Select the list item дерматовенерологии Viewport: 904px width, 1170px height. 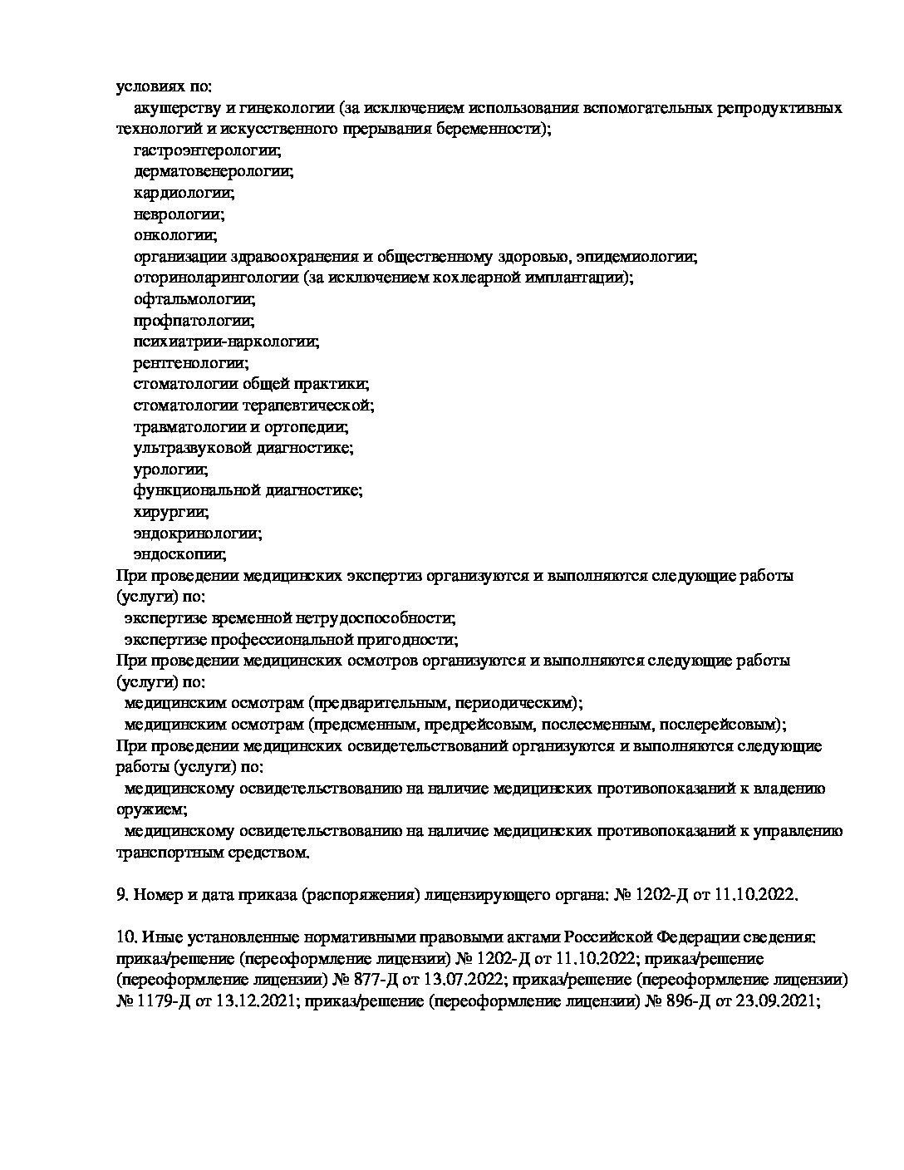(x=214, y=172)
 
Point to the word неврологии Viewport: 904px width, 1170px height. (x=179, y=214)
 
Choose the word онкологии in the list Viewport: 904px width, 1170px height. (x=175, y=235)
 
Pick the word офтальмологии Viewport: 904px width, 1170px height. (x=194, y=299)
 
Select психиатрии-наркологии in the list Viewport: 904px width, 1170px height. (x=226, y=342)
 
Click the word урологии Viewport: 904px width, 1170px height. (x=170, y=469)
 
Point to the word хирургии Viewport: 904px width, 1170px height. (x=170, y=512)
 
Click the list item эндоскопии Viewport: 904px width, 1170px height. (x=179, y=554)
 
